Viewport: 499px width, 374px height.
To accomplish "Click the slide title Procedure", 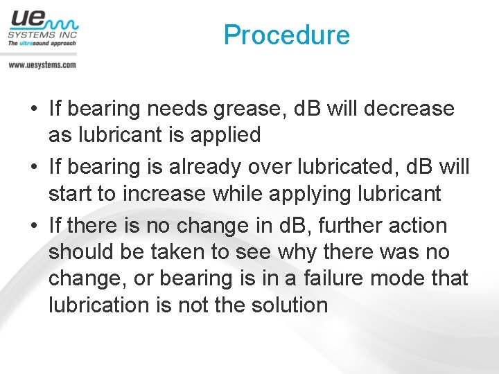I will point(287,35).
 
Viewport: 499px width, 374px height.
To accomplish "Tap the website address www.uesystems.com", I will point(42,64).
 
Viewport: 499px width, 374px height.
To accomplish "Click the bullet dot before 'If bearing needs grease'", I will point(34,109).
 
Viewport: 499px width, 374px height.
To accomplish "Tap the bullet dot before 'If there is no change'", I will point(34,226).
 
